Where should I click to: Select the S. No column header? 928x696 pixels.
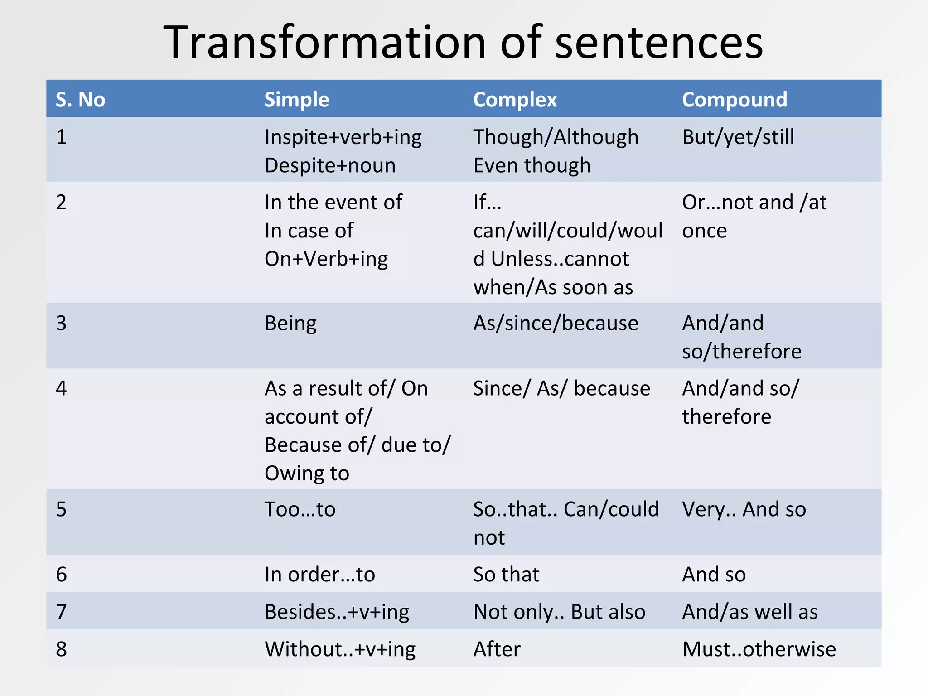coord(80,99)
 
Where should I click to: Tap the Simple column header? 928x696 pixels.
coord(297,99)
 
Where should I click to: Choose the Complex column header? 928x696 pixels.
coord(515,99)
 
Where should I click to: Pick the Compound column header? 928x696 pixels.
coord(735,99)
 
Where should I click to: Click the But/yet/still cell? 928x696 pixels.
coord(738,137)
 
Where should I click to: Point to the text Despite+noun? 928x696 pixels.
coord(330,165)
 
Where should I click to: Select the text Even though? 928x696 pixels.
coord(532,165)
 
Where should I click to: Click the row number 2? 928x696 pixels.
coord(62,202)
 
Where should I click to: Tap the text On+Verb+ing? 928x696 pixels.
coord(326,259)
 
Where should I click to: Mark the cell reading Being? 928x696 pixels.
coord(290,323)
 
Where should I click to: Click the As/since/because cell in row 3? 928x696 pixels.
coord(556,323)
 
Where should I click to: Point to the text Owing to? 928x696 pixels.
coord(307,474)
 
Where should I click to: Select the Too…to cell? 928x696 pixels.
coord(300,509)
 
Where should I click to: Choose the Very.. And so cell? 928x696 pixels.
coord(744,509)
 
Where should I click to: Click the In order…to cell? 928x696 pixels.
coord(320,575)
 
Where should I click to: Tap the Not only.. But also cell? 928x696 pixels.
coord(559,612)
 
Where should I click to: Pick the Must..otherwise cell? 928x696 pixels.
coord(759,649)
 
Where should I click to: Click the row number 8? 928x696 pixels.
coord(62,649)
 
